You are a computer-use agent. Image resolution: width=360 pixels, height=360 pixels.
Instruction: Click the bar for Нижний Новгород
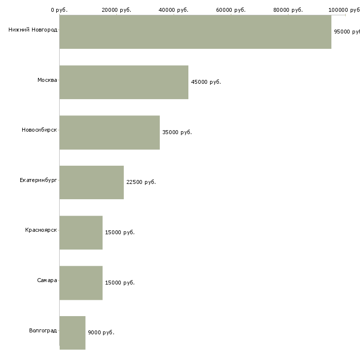195,32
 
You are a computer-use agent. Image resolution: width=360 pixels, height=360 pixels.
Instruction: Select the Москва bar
124,82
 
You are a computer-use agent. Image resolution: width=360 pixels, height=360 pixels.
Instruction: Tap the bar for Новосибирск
109,133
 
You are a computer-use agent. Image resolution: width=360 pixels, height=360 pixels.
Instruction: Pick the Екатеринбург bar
92,182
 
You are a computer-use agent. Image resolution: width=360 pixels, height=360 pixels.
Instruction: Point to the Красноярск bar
81,233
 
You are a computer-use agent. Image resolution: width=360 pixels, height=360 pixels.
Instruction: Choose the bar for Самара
81,283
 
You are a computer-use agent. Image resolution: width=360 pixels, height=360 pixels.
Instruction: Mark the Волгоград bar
72,333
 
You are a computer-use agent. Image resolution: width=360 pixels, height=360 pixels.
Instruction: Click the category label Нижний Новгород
33,30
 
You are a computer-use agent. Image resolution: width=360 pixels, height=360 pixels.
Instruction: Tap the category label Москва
47,80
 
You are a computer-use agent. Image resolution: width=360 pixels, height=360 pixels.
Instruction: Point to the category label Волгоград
43,330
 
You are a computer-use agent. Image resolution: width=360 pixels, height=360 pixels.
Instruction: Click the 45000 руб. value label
206,82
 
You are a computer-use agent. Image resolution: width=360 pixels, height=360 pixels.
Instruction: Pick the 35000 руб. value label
177,133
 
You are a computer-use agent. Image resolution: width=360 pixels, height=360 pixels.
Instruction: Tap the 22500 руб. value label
141,182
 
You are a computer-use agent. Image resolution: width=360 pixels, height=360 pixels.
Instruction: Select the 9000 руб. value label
101,333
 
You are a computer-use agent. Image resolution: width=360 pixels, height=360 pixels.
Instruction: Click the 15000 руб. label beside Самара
119,283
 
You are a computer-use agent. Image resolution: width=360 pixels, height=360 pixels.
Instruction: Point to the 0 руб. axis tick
59,10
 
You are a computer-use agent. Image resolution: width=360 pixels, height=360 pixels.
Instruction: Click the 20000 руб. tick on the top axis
116,10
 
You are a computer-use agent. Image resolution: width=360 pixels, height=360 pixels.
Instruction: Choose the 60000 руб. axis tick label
231,10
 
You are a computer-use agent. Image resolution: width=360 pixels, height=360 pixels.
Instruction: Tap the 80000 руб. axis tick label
288,10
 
